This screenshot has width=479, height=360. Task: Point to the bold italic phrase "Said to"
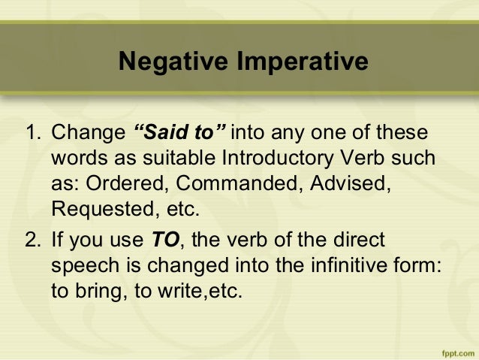pyautogui.click(x=179, y=135)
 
